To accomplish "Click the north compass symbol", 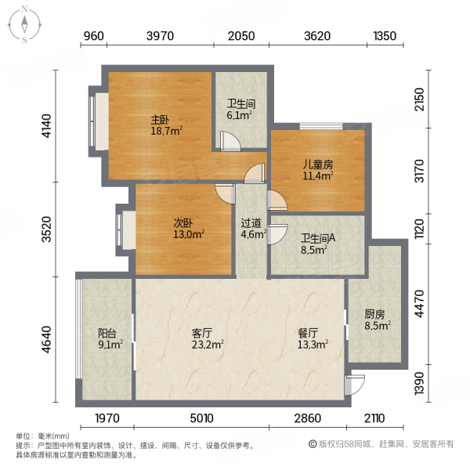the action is point(24,25).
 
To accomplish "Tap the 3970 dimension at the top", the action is point(160,36).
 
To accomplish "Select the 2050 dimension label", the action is point(241,36).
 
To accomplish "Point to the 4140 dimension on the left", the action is point(47,126).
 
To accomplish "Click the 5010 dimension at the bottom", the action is point(202,418).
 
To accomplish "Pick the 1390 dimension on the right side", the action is point(419,383).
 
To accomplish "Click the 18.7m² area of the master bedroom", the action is point(166,131).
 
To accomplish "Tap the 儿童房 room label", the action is point(318,164).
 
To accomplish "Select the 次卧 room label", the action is point(183,223).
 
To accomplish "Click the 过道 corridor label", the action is point(251,223).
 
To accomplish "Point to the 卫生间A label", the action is point(318,238).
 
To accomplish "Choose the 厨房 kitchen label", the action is point(374,314).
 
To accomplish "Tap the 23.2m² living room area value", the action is point(208,345).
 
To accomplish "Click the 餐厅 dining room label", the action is point(308,333).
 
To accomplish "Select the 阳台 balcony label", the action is point(107,333).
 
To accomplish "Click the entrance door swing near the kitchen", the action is point(355,385).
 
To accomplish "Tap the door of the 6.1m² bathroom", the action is point(230,141).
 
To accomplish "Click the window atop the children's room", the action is point(321,126).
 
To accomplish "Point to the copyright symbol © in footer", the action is point(313,444).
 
